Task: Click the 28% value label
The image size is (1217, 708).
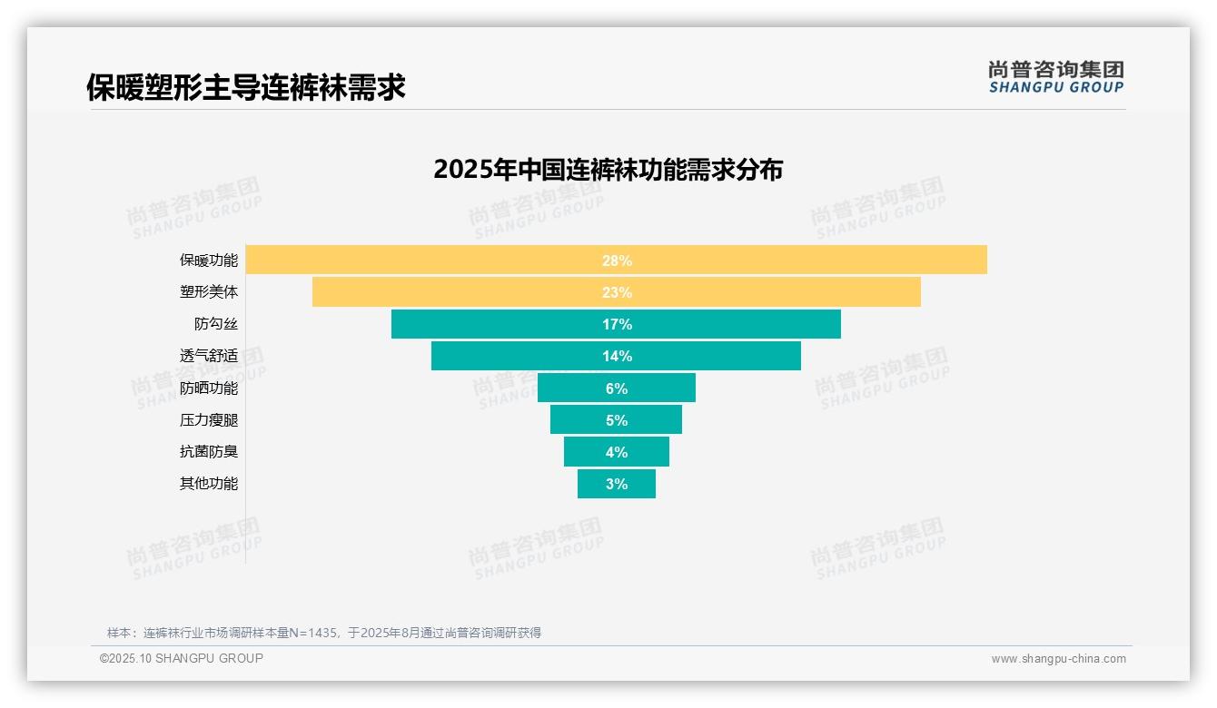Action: [x=617, y=261]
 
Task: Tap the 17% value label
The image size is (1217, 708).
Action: [x=617, y=324]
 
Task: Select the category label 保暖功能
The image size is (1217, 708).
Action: [x=209, y=261]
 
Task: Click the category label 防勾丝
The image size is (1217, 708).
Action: [x=216, y=324]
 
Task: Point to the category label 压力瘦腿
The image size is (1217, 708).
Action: [x=209, y=420]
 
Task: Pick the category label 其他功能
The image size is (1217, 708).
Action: [x=209, y=484]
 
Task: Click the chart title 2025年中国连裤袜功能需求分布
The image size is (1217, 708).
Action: [x=608, y=170]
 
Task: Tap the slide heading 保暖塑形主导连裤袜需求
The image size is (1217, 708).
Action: [x=245, y=87]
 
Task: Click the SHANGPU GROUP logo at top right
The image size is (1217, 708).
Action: [x=1055, y=77]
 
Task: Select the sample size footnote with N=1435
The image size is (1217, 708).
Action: [x=324, y=633]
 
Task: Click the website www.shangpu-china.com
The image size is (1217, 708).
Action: [x=1058, y=659]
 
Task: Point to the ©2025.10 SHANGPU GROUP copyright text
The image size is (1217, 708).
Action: [x=182, y=658]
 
